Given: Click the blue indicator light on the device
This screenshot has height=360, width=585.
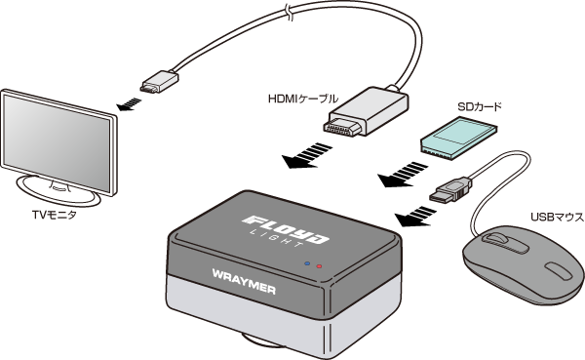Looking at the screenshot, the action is (307, 263).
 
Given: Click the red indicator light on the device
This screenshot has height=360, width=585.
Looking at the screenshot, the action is (319, 266).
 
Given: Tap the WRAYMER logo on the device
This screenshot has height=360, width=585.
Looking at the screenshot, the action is (244, 282).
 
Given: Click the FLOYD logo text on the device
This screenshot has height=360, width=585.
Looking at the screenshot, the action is (286, 228).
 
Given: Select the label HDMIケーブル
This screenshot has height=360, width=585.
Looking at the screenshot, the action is (303, 99).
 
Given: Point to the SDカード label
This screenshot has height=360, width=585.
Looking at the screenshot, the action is (480, 106).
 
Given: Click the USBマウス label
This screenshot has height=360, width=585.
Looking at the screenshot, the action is (558, 217).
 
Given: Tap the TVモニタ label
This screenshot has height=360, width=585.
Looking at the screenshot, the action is (54, 215).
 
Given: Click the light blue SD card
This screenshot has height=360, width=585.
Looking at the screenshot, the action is (458, 139).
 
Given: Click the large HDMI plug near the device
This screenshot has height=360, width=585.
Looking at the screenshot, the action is (366, 111).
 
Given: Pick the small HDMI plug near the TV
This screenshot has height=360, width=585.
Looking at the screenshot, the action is (159, 82).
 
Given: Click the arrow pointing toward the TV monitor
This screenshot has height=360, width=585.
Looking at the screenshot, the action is (129, 104).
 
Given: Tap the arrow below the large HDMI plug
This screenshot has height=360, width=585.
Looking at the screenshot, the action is (307, 155).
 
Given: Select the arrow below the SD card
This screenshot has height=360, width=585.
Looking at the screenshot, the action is (403, 175).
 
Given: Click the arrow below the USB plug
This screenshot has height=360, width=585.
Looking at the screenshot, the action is (415, 216).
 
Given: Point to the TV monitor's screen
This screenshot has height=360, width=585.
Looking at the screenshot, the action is (57, 141).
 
